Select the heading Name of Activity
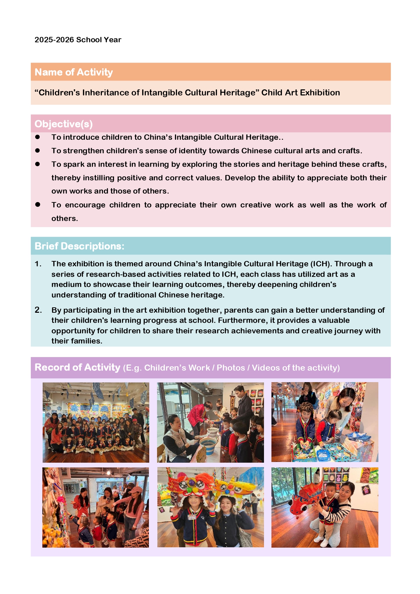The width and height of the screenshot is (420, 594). click(x=73, y=72)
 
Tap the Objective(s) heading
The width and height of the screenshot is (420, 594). click(x=63, y=124)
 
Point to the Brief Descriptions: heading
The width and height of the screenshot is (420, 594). click(x=79, y=246)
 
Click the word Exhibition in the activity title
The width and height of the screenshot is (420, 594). click(x=320, y=93)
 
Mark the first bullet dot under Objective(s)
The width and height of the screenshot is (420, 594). click(x=38, y=137)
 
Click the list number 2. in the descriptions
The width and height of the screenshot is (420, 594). click(x=38, y=310)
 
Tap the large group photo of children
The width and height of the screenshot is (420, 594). click(x=96, y=422)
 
